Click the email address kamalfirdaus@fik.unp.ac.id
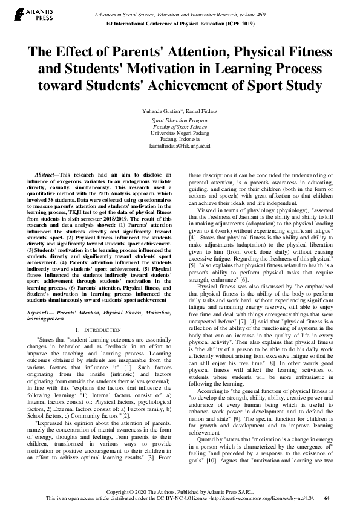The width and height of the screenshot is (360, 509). pyautogui.click(x=180, y=146)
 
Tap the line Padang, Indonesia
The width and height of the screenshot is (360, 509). pyautogui.click(x=180, y=140)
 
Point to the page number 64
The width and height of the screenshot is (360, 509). pyautogui.click(x=327, y=499)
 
